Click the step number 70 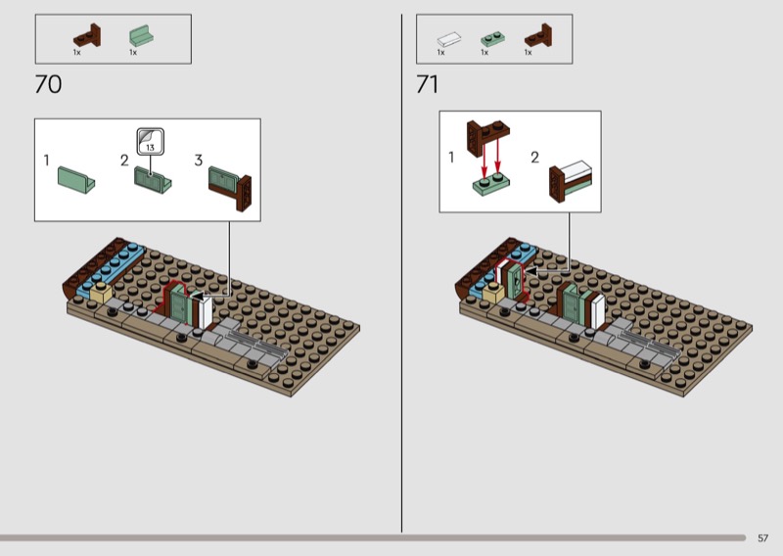48,84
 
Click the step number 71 428,84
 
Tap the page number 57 762,538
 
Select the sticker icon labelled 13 151,141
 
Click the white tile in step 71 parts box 449,39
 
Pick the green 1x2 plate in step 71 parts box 492,39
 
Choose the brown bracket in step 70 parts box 87,36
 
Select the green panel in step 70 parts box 141,36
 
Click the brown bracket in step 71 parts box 538,36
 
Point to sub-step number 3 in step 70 199,161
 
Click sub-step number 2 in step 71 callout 534,158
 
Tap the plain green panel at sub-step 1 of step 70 76,180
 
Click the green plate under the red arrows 491,184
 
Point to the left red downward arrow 484,158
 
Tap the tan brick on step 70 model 101,293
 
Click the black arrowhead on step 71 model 530,271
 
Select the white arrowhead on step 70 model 199,297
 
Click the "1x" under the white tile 441,53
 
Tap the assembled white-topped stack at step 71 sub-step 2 571,181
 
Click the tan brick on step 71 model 493,293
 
